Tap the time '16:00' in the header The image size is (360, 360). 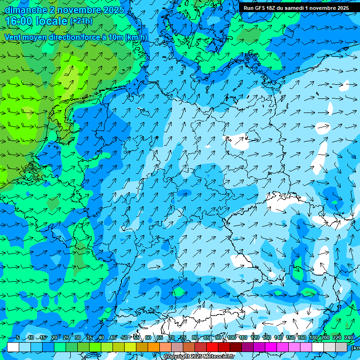click(x=19, y=22)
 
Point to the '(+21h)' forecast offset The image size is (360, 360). click(x=81, y=21)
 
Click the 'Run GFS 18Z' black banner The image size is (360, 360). click(x=296, y=8)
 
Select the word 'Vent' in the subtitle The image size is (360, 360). click(x=14, y=37)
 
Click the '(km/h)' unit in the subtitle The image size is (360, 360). click(x=136, y=37)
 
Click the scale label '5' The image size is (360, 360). click(x=18, y=338)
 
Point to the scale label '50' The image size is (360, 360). click(x=124, y=338)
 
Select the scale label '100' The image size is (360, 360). click(x=232, y=338)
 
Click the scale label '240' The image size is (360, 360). click(x=349, y=338)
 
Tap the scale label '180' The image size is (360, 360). click(x=314, y=338)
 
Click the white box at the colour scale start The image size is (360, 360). click(x=13, y=347)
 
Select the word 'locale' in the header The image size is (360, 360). click(x=51, y=22)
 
